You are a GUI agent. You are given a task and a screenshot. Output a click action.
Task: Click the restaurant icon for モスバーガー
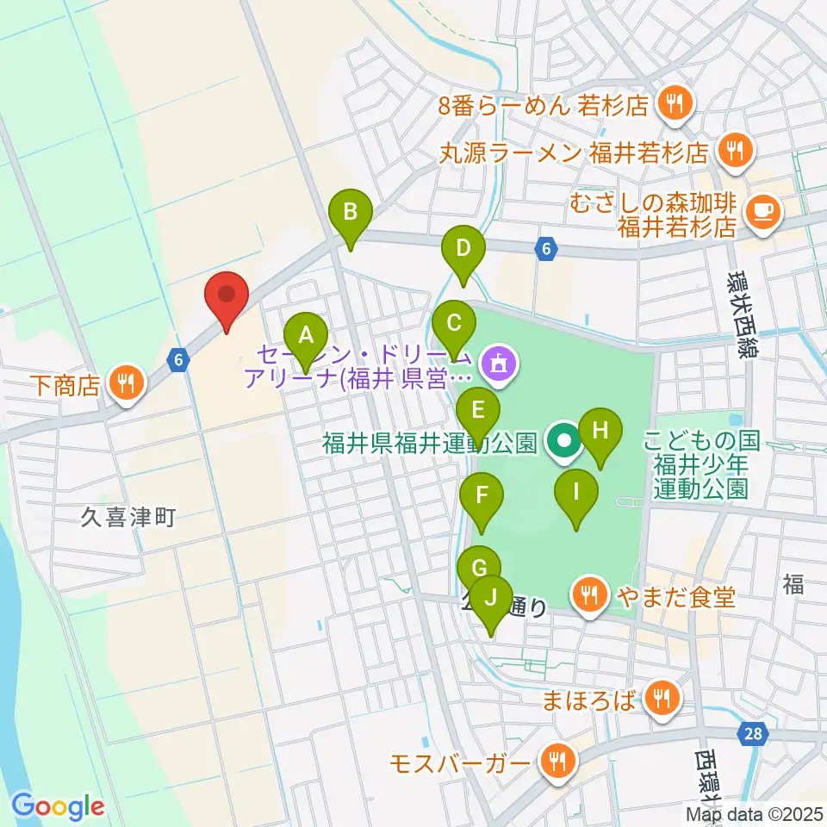(x=557, y=762)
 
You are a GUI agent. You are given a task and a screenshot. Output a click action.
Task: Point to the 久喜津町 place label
(x=129, y=517)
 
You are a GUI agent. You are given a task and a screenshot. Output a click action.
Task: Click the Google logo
(x=59, y=806)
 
